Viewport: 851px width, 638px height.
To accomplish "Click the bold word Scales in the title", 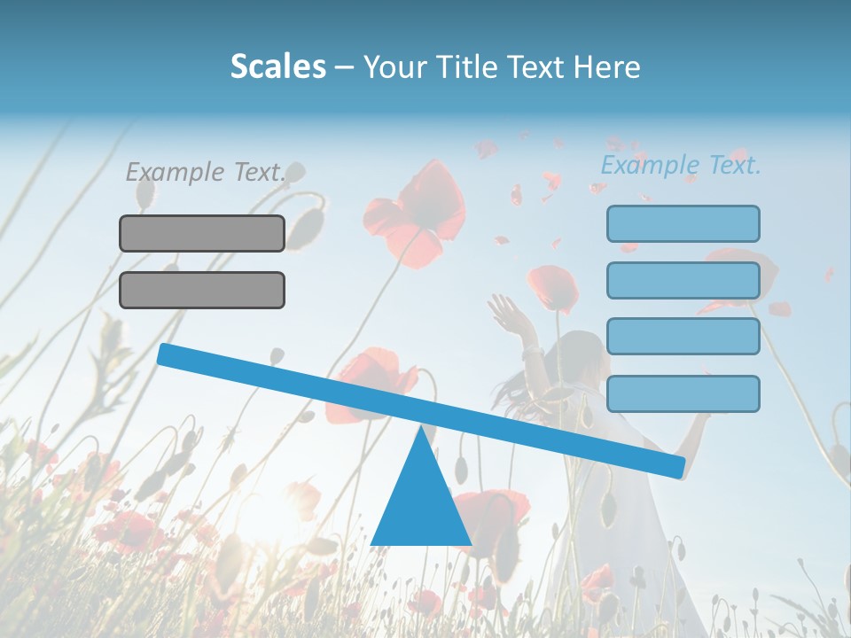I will pyautogui.click(x=277, y=66).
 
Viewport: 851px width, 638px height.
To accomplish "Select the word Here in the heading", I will pyautogui.click(x=607, y=66).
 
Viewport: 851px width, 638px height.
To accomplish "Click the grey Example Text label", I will pyautogui.click(x=205, y=172).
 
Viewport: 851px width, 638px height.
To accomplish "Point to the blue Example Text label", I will pyautogui.click(x=681, y=165).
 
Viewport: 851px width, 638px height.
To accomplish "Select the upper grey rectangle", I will pyautogui.click(x=202, y=233).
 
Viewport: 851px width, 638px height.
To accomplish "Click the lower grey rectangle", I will pyautogui.click(x=202, y=290).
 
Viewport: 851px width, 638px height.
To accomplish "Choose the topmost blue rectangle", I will pyautogui.click(x=683, y=223).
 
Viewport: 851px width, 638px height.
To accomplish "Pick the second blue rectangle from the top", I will pyautogui.click(x=683, y=280).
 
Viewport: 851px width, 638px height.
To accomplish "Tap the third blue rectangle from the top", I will pyautogui.click(x=683, y=337).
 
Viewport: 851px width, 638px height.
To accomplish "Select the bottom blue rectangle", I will pyautogui.click(x=683, y=393).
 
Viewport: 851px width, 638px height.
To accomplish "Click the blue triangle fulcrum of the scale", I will pyautogui.click(x=420, y=505).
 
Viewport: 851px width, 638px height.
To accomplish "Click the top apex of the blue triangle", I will pyautogui.click(x=421, y=429).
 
